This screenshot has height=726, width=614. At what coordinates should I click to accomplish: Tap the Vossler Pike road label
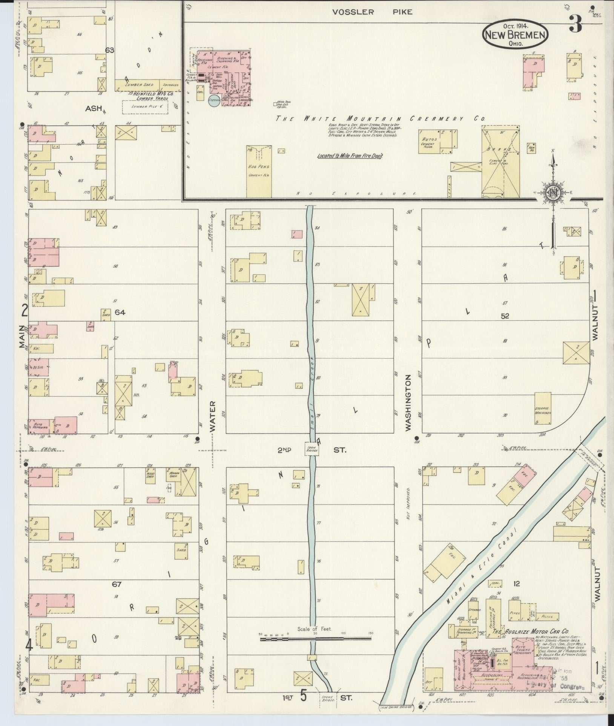pos(372,12)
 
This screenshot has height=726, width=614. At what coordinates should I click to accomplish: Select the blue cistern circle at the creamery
pos(213,101)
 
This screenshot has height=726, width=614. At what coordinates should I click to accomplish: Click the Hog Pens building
pos(259,171)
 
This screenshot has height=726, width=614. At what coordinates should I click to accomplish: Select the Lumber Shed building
pos(138,85)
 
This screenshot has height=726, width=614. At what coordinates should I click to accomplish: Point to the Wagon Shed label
pos(173,476)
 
